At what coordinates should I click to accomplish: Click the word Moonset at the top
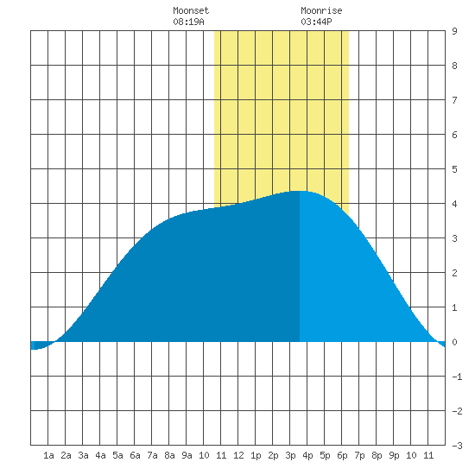tap(191, 10)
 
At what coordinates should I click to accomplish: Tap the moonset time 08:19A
tap(188, 22)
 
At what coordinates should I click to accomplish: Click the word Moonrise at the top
tap(321, 10)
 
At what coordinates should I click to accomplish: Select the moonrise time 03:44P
tap(316, 22)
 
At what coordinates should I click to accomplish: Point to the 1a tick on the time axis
tap(48, 455)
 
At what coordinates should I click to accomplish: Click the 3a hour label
tap(83, 455)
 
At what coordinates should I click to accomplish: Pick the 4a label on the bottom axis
tap(100, 455)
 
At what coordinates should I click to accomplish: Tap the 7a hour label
tap(152, 455)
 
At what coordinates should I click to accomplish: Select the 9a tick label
tap(187, 455)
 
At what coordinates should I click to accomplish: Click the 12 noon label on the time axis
tap(238, 455)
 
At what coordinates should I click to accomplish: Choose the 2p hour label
tap(273, 455)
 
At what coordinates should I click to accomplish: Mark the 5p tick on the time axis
tap(325, 455)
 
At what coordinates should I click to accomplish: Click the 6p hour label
tap(342, 455)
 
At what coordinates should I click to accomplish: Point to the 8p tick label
tap(377, 455)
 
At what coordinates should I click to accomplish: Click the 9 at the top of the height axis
tap(454, 31)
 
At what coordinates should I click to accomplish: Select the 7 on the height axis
tap(454, 100)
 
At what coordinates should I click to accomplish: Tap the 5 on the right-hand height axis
tap(454, 169)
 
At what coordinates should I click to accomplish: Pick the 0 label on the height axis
tap(454, 342)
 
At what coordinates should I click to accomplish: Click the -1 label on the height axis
tap(457, 377)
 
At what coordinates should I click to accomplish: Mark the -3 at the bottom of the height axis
tap(457, 446)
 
